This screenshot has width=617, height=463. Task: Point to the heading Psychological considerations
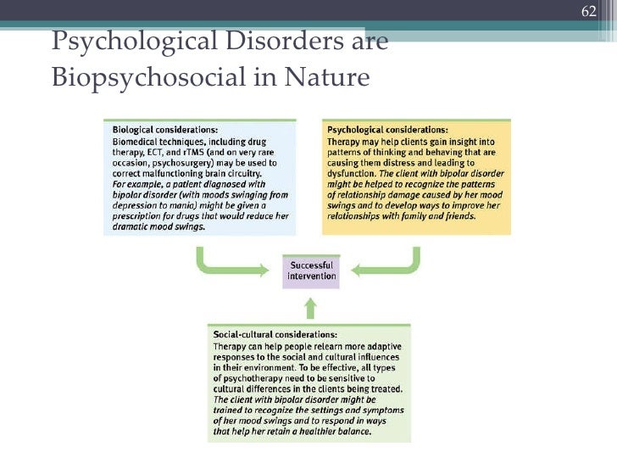click(386, 131)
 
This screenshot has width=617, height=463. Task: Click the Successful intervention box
click(310, 271)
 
